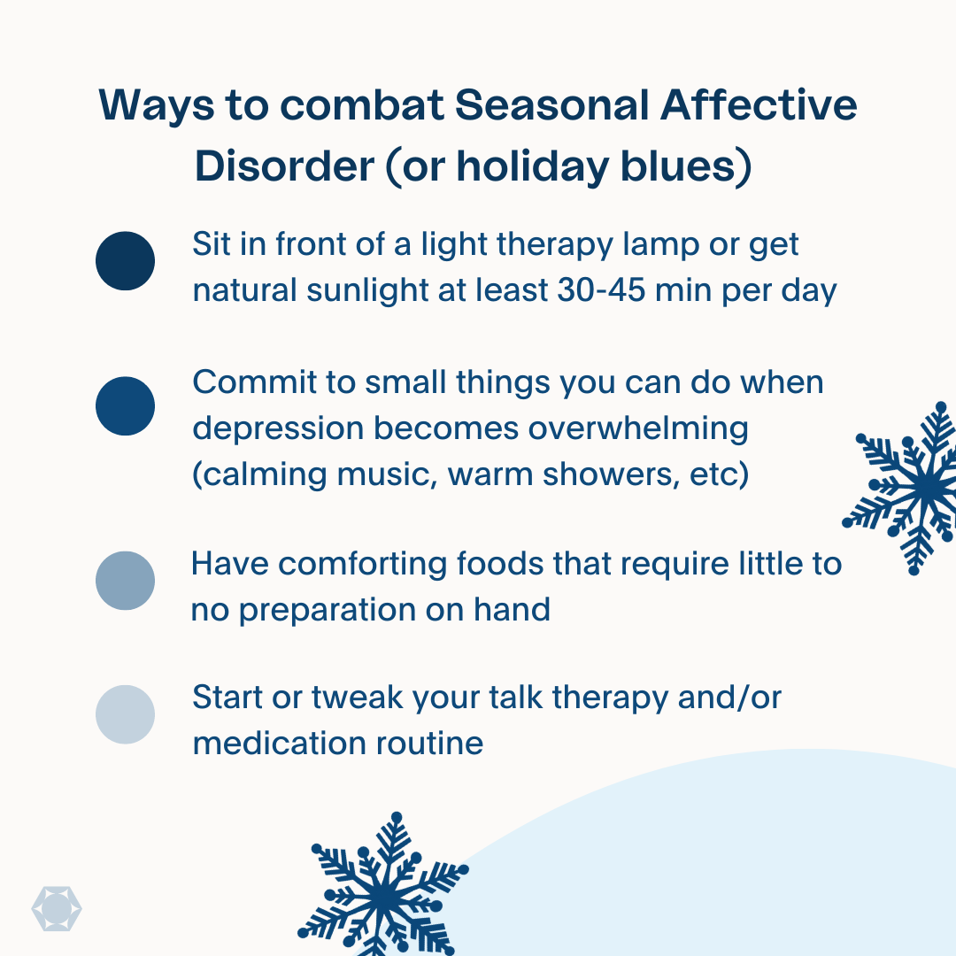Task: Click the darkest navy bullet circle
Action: (x=125, y=261)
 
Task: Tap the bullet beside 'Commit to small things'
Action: (x=125, y=406)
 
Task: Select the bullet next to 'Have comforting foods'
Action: (x=125, y=581)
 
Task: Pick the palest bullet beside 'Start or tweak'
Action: (x=125, y=714)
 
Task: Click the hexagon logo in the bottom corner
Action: (x=57, y=909)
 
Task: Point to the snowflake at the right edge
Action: (x=902, y=488)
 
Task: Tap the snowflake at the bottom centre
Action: (x=383, y=885)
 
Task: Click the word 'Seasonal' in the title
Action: (x=551, y=105)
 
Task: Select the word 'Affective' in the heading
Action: (x=759, y=104)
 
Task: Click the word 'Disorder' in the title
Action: (x=284, y=166)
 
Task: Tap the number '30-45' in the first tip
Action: (x=601, y=290)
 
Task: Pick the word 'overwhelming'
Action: (x=638, y=429)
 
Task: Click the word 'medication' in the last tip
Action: (x=279, y=744)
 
